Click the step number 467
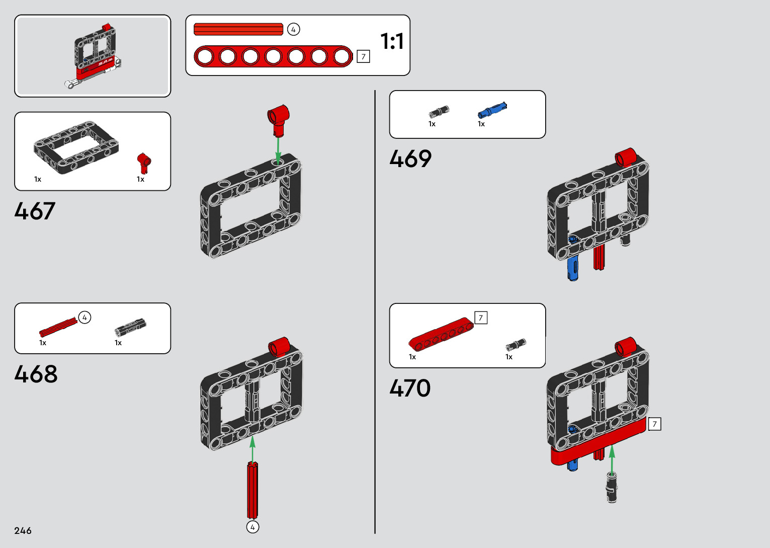(35, 211)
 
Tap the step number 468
(36, 374)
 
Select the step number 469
(410, 159)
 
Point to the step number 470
(410, 388)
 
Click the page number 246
(23, 531)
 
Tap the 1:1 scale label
(392, 41)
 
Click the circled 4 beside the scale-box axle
(293, 30)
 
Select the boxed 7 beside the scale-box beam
(363, 57)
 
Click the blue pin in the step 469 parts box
(492, 110)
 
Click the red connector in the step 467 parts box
(143, 163)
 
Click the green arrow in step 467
(278, 148)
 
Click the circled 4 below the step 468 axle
(252, 527)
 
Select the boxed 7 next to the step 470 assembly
(654, 424)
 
